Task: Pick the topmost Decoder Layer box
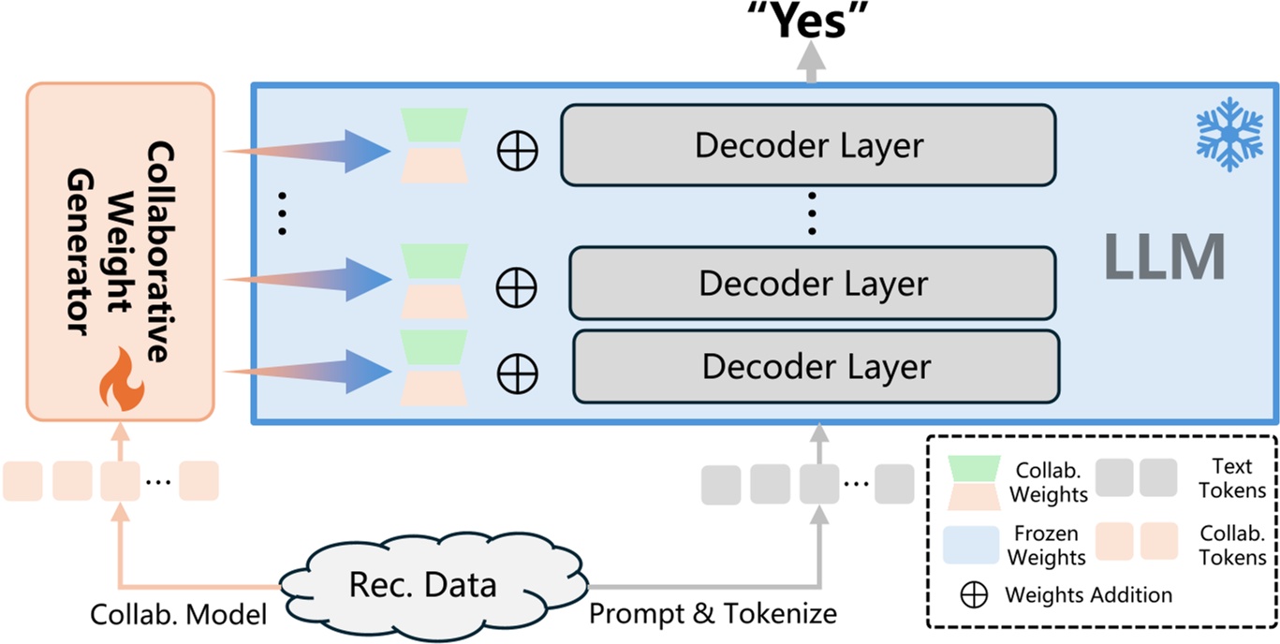coord(808,145)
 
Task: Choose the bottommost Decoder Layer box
coord(816,366)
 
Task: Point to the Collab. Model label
coord(179,614)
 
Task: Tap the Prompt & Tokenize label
coord(713,614)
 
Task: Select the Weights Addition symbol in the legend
coord(975,594)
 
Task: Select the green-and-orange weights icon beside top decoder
coord(434,145)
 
